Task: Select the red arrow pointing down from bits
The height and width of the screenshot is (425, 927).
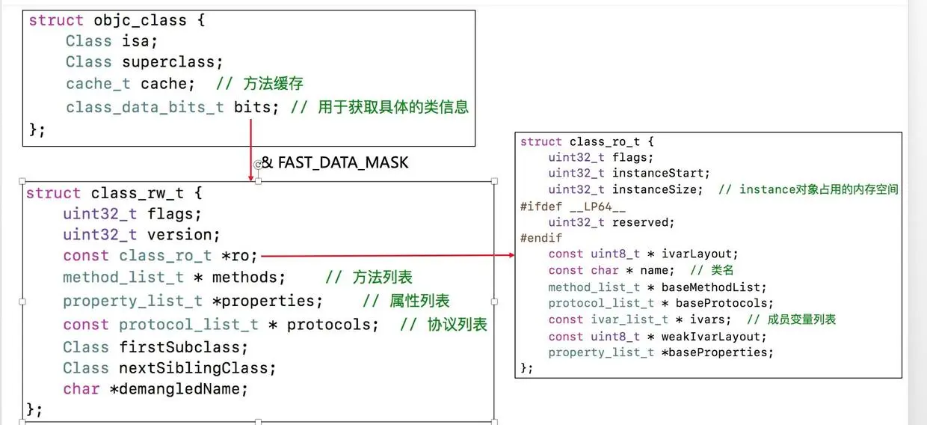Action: click(250, 150)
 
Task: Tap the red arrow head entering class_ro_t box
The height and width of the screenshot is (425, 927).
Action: click(511, 255)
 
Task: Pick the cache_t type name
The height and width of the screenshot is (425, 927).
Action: click(98, 84)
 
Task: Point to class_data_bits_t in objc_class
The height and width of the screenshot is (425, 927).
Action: click(144, 107)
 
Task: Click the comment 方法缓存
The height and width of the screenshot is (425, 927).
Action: click(273, 84)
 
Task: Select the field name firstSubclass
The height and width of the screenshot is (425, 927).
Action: click(183, 347)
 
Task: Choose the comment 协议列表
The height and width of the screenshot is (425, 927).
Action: click(457, 324)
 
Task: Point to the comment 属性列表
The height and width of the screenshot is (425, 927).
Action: click(419, 301)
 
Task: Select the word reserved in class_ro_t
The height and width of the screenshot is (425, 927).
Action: click(643, 222)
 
